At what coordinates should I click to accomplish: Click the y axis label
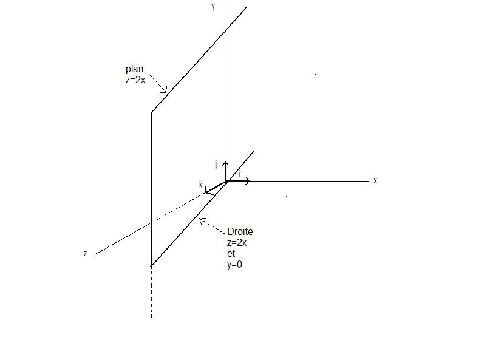click(213, 7)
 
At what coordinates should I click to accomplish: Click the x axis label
click(375, 181)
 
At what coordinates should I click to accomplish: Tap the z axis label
click(86, 254)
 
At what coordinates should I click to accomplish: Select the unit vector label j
click(216, 165)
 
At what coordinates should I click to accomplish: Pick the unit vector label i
click(239, 174)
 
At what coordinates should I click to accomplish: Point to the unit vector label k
click(201, 184)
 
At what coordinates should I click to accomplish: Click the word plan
click(134, 69)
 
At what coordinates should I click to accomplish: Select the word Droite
click(240, 231)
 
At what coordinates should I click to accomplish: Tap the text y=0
click(235, 265)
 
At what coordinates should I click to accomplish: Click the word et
click(230, 254)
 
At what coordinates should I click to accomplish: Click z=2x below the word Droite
click(237, 242)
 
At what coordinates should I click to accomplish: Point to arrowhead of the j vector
click(225, 163)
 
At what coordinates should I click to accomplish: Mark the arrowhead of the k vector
click(207, 192)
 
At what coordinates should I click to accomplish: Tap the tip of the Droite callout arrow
click(200, 219)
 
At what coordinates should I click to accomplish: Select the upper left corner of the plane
click(151, 112)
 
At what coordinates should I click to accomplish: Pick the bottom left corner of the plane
click(151, 266)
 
